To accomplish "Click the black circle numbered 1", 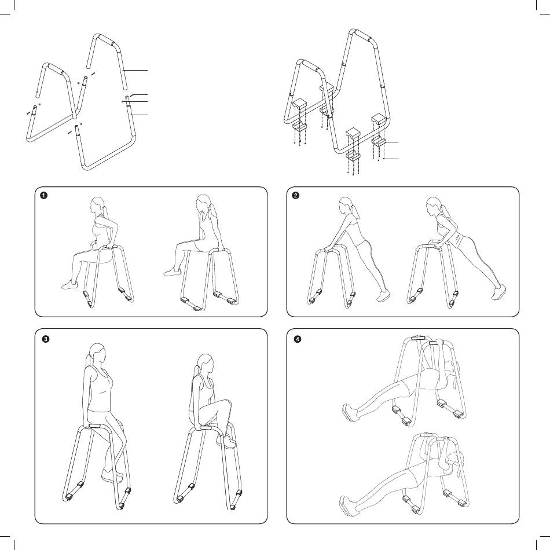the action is tap(44, 195).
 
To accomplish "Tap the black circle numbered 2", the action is tap(296, 195).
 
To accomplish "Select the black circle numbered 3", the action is tap(46, 339).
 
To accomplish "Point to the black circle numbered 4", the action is tap(298, 339).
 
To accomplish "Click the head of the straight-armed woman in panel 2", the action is tap(346, 205).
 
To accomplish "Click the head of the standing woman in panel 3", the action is tap(98, 353).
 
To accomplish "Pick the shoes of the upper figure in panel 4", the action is tap(350, 413).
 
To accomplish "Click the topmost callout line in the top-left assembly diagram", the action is tap(135, 71).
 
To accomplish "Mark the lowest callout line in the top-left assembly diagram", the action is tap(140, 115).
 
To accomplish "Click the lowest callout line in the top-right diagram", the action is tap(392, 159).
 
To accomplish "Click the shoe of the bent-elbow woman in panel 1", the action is tap(70, 285).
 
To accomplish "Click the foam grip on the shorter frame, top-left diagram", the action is tap(56, 69).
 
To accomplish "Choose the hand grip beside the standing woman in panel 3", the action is tap(95, 426).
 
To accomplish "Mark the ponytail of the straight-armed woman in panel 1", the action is tap(212, 214).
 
